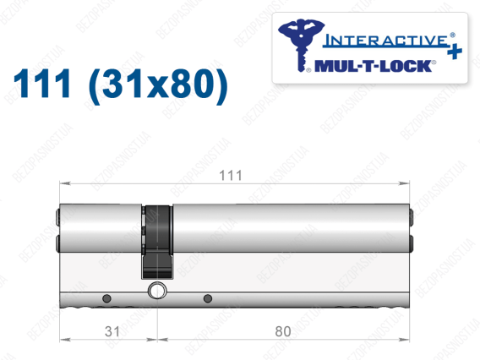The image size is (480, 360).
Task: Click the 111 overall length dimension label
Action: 231,176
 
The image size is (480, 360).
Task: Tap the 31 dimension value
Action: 112,331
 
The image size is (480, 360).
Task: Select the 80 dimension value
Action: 283,331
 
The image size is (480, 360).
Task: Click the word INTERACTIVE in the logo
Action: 386,41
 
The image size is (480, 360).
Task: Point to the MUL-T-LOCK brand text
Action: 374,66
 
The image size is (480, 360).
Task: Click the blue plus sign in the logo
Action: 455,52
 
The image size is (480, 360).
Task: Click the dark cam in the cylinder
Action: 157,242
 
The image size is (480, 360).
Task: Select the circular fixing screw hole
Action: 157,291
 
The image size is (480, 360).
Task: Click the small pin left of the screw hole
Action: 106,298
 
